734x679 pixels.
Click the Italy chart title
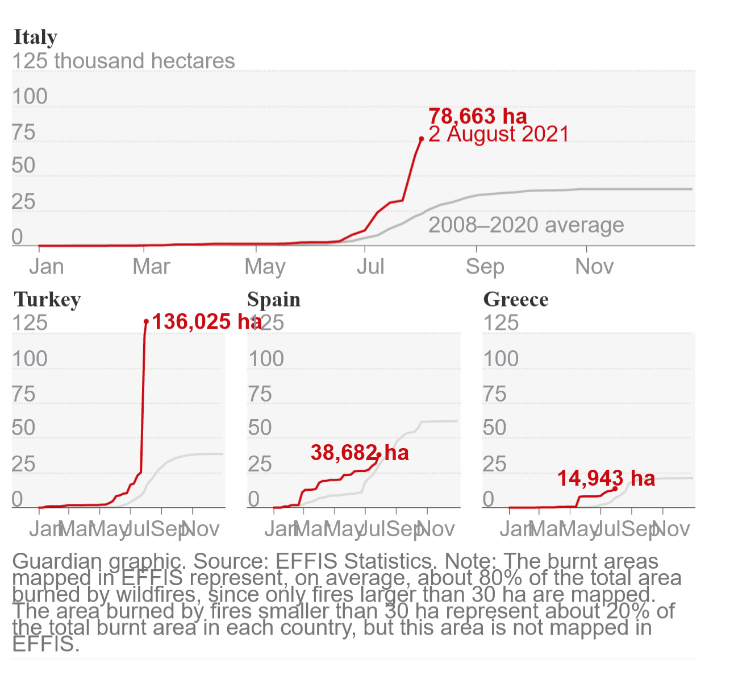tap(35, 38)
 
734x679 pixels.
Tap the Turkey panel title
tap(47, 300)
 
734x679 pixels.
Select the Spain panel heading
tap(274, 300)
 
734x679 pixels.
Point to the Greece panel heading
tap(516, 300)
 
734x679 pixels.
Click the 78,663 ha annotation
tap(478, 116)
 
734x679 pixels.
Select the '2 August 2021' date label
tap(499, 135)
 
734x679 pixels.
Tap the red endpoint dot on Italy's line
tap(422, 139)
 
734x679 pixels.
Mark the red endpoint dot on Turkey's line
tap(146, 322)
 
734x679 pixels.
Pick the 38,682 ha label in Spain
tap(360, 453)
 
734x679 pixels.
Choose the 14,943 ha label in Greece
tap(606, 479)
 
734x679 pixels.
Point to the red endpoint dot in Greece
tap(615, 488)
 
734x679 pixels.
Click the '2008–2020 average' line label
tap(526, 225)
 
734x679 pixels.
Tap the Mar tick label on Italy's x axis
tap(151, 267)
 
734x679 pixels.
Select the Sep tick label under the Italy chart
tap(485, 267)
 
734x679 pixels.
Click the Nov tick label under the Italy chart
tap(594, 267)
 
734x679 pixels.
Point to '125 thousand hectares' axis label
tap(123, 61)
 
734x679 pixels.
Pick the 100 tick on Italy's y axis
tap(30, 97)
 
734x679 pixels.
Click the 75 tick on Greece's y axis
tap(495, 394)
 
